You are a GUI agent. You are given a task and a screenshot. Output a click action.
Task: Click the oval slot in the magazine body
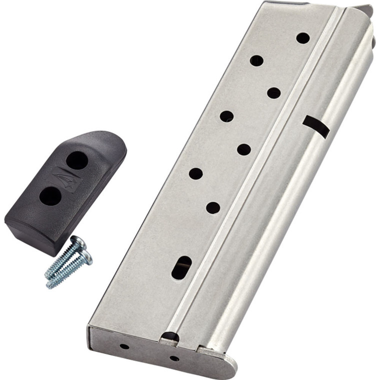pos(181,267)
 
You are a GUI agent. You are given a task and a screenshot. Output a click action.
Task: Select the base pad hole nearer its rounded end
pos(77,160)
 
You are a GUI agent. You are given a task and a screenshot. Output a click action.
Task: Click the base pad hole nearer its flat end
pos(50,196)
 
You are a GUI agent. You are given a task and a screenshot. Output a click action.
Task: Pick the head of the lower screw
pos(86,257)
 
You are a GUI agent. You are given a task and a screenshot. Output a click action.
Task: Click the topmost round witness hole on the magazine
pos(302,37)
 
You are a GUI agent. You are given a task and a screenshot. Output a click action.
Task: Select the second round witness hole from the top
pos(256,60)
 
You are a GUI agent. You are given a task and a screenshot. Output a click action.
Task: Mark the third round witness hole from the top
pos(273,92)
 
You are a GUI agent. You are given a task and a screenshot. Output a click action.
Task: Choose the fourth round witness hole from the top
pos(226,116)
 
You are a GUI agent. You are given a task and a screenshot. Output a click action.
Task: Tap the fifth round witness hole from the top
pos(244,149)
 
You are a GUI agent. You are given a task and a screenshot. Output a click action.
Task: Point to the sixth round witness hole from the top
pos(196,173)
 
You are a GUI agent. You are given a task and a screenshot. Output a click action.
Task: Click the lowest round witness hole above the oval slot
pos(213,207)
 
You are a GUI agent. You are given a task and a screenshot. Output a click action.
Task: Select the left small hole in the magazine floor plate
pos(124,346)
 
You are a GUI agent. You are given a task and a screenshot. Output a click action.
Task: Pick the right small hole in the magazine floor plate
pos(174,358)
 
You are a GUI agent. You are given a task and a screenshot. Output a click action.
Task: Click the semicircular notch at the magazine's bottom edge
pos(170,337)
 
